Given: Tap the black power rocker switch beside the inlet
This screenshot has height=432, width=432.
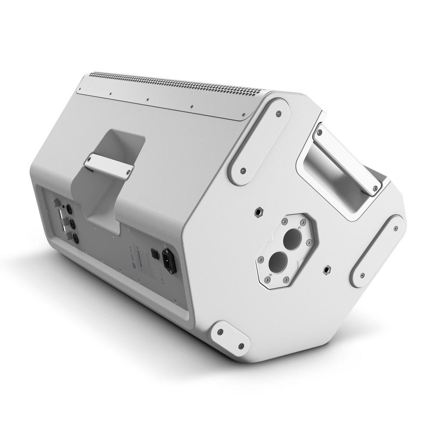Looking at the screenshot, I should coord(153,253).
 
